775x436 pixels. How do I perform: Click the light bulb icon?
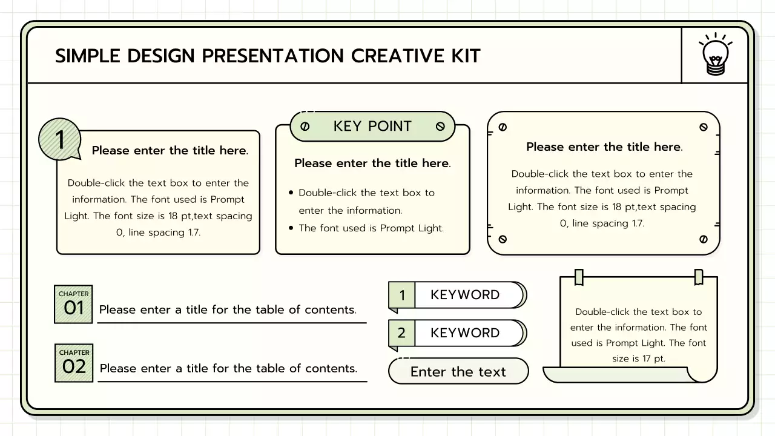[x=715, y=55]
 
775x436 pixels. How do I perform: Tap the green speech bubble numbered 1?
[x=59, y=139]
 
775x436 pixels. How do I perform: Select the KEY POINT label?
[x=372, y=126]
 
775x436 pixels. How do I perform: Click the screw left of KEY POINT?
[x=305, y=127]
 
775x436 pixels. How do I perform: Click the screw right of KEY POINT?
[x=440, y=127]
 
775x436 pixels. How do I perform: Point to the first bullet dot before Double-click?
[x=291, y=193]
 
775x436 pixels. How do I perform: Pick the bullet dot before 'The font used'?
[x=291, y=228]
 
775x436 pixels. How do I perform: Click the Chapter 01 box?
[x=73, y=304]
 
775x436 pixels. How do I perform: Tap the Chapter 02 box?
[x=74, y=363]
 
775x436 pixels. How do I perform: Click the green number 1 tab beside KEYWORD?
[x=401, y=296]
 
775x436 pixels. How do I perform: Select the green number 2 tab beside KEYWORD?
[x=401, y=333]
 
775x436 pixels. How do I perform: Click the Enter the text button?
[x=458, y=371]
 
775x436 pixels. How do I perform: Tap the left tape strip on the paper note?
[x=578, y=277]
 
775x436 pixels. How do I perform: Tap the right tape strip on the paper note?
[x=699, y=277]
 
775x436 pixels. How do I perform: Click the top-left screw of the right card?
[x=502, y=127]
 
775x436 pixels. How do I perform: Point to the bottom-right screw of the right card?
[x=703, y=239]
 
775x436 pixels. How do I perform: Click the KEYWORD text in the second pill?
[x=465, y=333]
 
